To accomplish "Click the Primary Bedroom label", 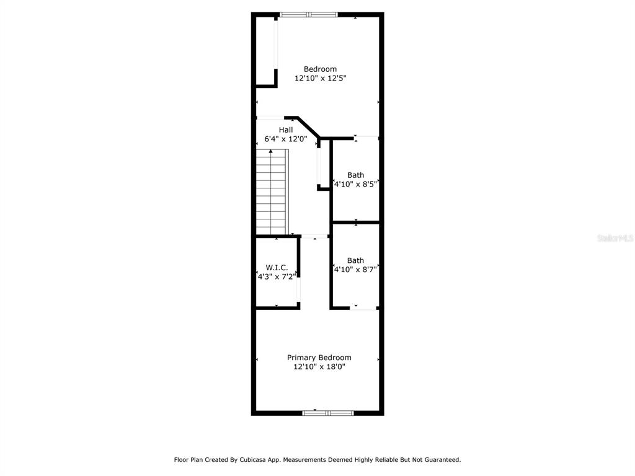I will coord(319,358).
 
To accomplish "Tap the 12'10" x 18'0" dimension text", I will coord(319,367).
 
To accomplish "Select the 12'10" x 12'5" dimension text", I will coord(320,79).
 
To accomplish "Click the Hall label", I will coord(285,130).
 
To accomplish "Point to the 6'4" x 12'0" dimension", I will coord(285,139).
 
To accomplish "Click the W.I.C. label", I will coord(277,267).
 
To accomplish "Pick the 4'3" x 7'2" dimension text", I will coord(277,276).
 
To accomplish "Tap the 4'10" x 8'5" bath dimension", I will coord(355,184).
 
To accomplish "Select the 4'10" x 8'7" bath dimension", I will coord(355,270).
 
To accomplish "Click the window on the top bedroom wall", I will coord(309,14).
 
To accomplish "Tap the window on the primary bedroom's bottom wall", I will coord(327,413).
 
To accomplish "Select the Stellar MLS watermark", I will coord(615,238).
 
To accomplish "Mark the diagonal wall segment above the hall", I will coord(309,126).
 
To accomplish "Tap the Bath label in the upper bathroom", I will coord(355,175).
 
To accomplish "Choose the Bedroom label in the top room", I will coord(320,69).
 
